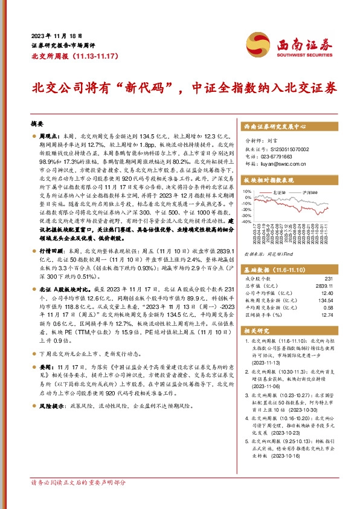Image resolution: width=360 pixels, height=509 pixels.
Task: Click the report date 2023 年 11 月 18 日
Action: tap(56, 36)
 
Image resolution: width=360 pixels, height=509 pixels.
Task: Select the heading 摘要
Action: tap(37, 123)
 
